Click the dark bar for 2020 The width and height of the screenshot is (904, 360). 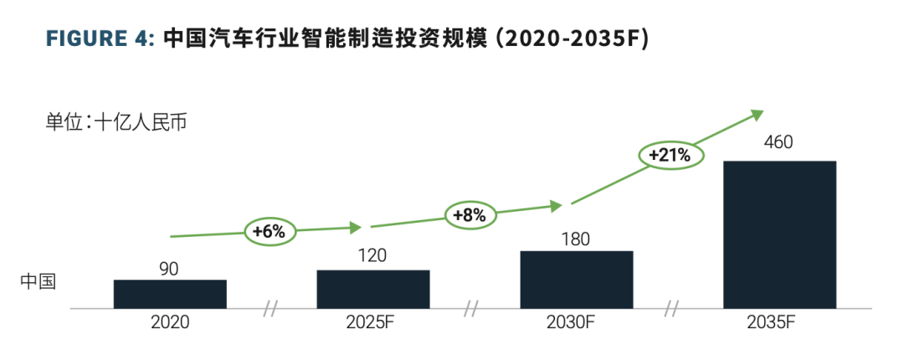170,294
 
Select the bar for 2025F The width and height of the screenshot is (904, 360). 372,289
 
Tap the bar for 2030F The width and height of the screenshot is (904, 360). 576,280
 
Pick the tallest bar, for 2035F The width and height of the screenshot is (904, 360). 779,234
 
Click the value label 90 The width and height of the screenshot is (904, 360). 170,269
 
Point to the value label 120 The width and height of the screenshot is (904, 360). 372,256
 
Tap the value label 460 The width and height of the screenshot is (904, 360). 778,142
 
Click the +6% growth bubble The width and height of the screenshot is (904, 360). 270,232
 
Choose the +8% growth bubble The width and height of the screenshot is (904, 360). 470,215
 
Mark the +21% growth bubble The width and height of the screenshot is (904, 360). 670,154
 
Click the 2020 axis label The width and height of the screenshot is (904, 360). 170,321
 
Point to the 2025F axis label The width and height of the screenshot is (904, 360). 372,321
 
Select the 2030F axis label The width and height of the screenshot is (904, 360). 576,321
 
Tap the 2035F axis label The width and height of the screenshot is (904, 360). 778,321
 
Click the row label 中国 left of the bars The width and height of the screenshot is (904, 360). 38,281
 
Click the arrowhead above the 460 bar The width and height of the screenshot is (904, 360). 757,113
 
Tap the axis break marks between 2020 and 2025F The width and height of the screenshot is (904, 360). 270,309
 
